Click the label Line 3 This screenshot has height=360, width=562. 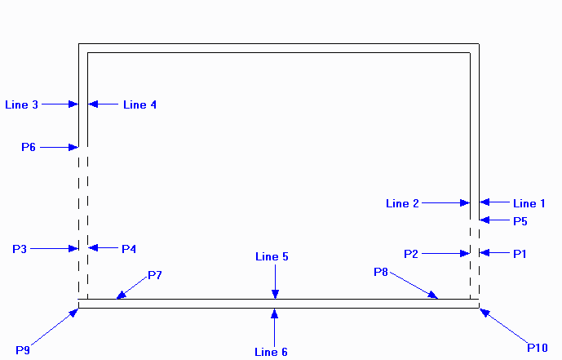point(21,104)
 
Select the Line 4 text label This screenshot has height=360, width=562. point(139,104)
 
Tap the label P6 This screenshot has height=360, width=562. point(29,148)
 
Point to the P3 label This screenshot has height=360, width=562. point(21,248)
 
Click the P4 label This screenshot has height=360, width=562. point(130,248)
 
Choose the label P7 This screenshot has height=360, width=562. point(155,275)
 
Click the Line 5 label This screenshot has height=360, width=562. point(272,257)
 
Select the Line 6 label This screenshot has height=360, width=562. point(272,352)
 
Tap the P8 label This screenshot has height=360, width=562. point(381,272)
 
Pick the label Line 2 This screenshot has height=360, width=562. point(402,203)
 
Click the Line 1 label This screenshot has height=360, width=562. point(529,203)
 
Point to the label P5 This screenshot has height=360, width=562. point(520,221)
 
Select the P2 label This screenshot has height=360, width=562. point(411,254)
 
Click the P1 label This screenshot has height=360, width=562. point(520,254)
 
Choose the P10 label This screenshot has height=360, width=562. point(538,348)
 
